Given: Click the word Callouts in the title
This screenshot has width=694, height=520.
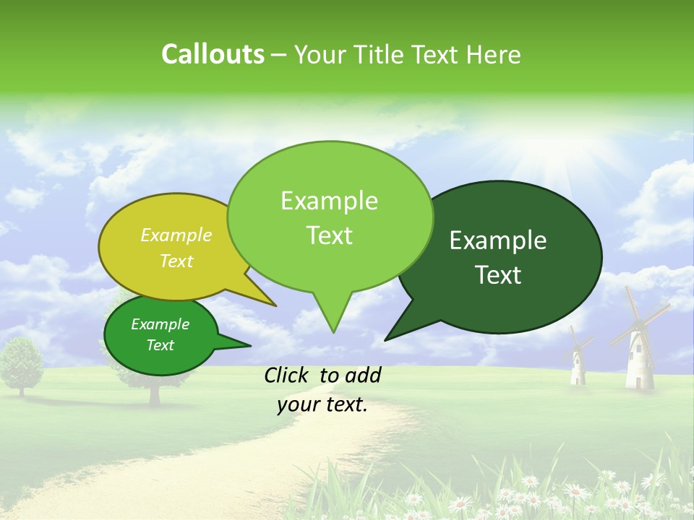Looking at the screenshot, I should point(213,54).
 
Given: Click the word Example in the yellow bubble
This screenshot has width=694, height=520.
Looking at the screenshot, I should point(176,235).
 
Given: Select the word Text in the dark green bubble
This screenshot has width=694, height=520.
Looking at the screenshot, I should point(498,275).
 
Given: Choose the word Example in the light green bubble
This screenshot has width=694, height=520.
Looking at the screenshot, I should point(330,201).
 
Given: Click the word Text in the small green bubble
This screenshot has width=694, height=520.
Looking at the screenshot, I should point(160,345).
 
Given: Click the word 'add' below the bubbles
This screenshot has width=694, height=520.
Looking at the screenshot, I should point(362,375).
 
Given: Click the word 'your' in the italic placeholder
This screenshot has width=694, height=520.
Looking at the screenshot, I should point(299,404).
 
